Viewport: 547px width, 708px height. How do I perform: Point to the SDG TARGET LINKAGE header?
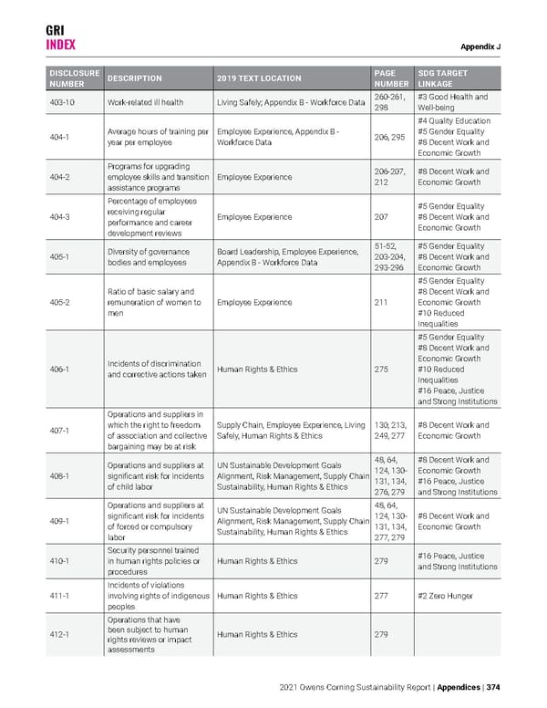point(445,78)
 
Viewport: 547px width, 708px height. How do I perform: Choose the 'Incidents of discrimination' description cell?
point(152,370)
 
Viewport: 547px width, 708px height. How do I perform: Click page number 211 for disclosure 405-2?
point(382,300)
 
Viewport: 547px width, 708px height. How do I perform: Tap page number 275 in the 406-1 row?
point(382,370)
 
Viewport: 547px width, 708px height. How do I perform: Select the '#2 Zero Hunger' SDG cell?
point(447,597)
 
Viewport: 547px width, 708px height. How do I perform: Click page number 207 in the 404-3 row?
point(382,217)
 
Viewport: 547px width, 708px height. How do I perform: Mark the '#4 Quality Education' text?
point(453,120)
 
